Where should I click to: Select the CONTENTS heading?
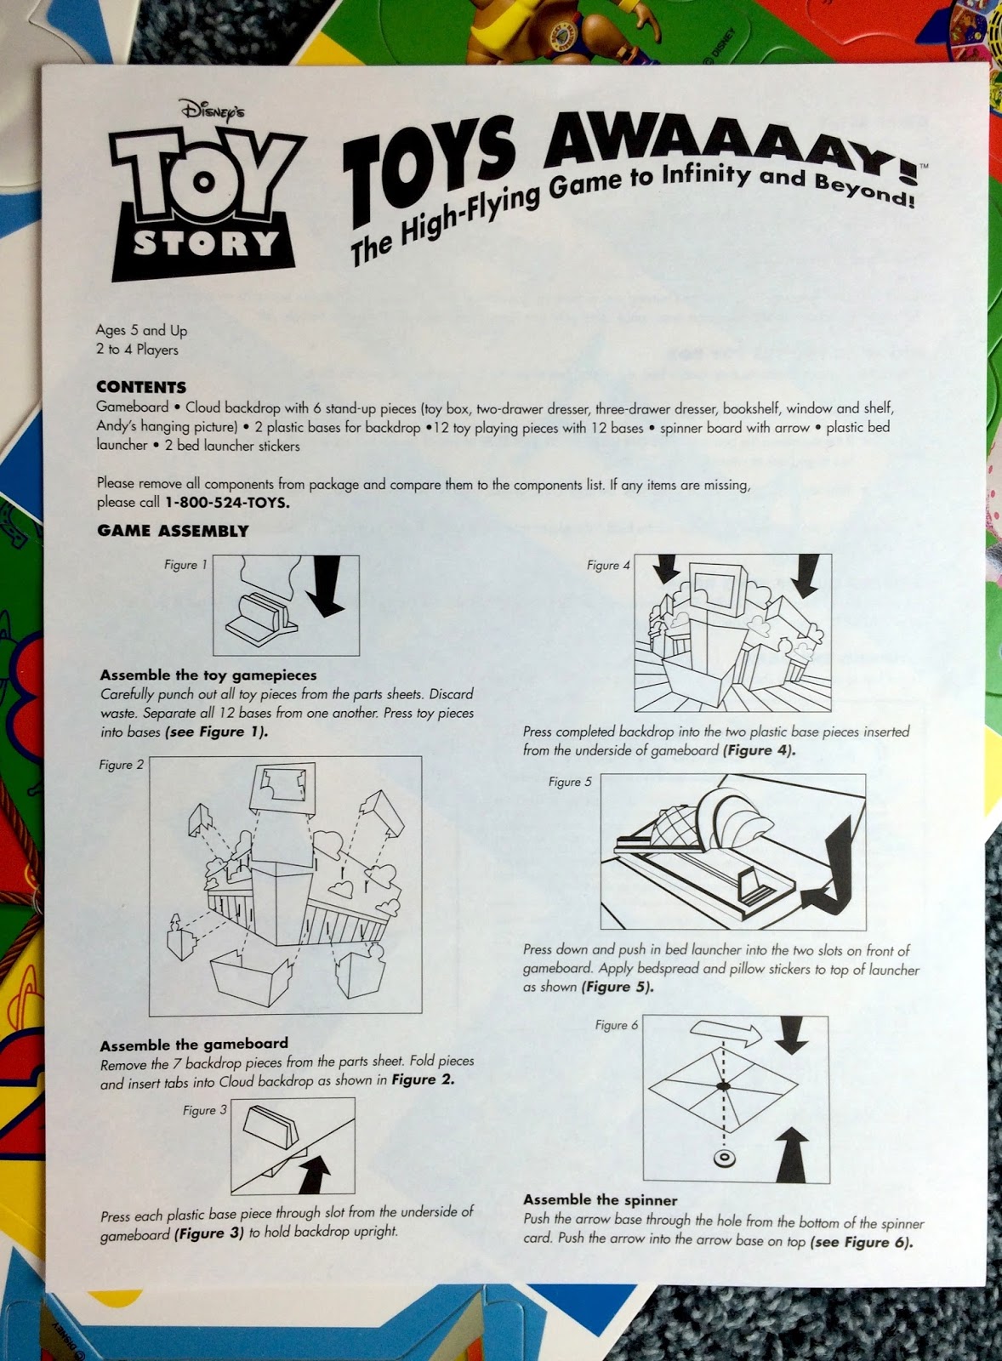[140, 387]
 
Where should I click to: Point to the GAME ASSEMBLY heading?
[173, 531]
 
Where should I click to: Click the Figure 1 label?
[185, 565]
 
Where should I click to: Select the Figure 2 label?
[122, 765]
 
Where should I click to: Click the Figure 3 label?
[204, 1110]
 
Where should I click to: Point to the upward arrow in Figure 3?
[315, 1172]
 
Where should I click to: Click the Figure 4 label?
[608, 565]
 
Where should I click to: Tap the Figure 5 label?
[570, 782]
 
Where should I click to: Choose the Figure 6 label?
[617, 1025]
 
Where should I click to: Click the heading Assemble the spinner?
[600, 1200]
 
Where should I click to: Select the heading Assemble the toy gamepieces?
[208, 675]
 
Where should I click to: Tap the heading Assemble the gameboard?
[194, 1044]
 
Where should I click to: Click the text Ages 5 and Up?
[141, 330]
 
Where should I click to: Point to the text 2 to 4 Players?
[137, 350]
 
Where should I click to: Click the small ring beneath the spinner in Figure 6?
[724, 1159]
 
